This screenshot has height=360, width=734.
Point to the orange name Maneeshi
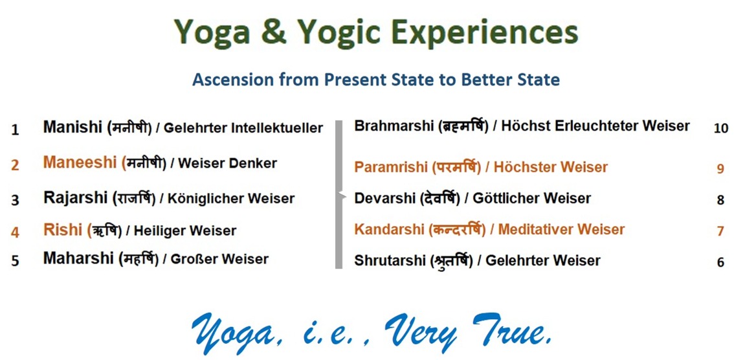pos(80,163)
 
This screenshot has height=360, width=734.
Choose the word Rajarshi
pos(75,197)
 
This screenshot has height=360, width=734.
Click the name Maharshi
pos(79,258)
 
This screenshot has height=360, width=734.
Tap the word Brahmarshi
pos(394,126)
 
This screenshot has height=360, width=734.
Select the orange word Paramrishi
pos(390,166)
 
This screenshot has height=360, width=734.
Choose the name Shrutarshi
pos(390,260)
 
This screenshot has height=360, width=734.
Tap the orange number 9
pos(720,168)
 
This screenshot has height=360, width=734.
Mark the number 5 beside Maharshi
pos(16,260)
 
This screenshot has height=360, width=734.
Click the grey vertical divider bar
pos(339,195)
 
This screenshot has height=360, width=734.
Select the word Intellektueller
pos(277,128)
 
